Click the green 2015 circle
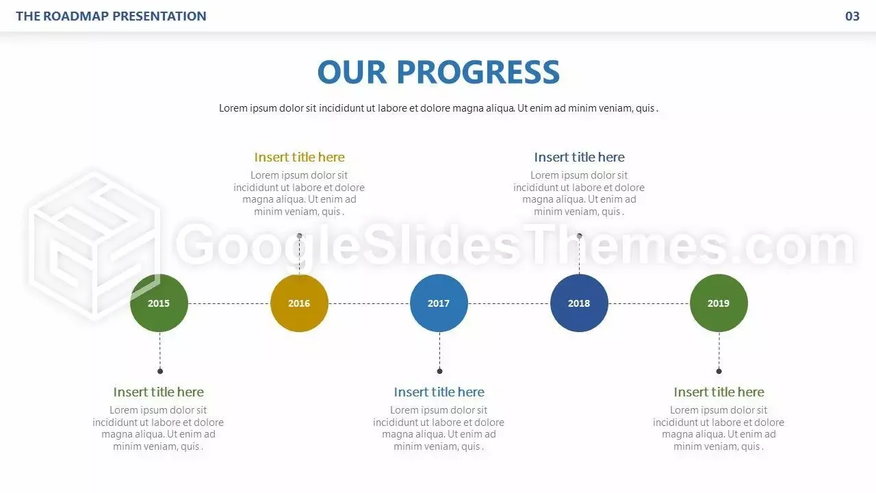click(x=159, y=303)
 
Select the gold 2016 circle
click(x=299, y=303)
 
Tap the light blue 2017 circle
click(x=439, y=303)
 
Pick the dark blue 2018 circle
click(x=579, y=303)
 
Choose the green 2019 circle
click(x=719, y=303)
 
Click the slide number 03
click(x=852, y=16)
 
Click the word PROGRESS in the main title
click(x=478, y=72)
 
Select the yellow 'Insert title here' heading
click(x=299, y=157)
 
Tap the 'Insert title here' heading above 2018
click(x=579, y=157)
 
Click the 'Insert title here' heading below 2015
click(x=158, y=392)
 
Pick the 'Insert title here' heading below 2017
click(x=439, y=392)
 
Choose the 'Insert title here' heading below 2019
click(x=719, y=392)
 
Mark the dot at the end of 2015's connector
click(x=160, y=371)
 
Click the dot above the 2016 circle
click(x=300, y=236)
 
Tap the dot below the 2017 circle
click(x=439, y=371)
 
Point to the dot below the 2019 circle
click(x=719, y=371)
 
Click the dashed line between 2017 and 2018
click(x=509, y=303)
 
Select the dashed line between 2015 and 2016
click(x=229, y=303)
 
